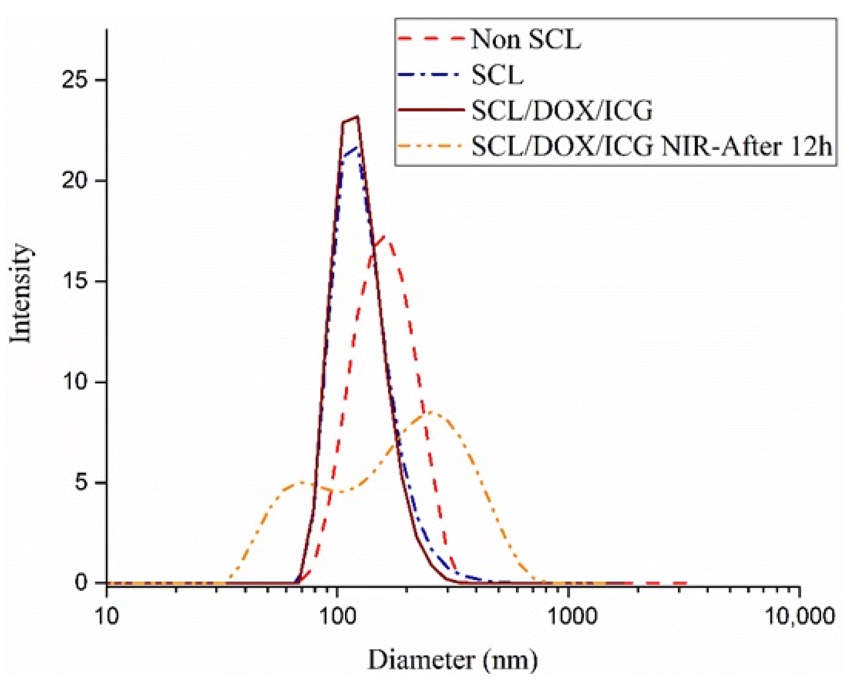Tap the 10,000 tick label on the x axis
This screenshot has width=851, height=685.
pyautogui.click(x=800, y=615)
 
